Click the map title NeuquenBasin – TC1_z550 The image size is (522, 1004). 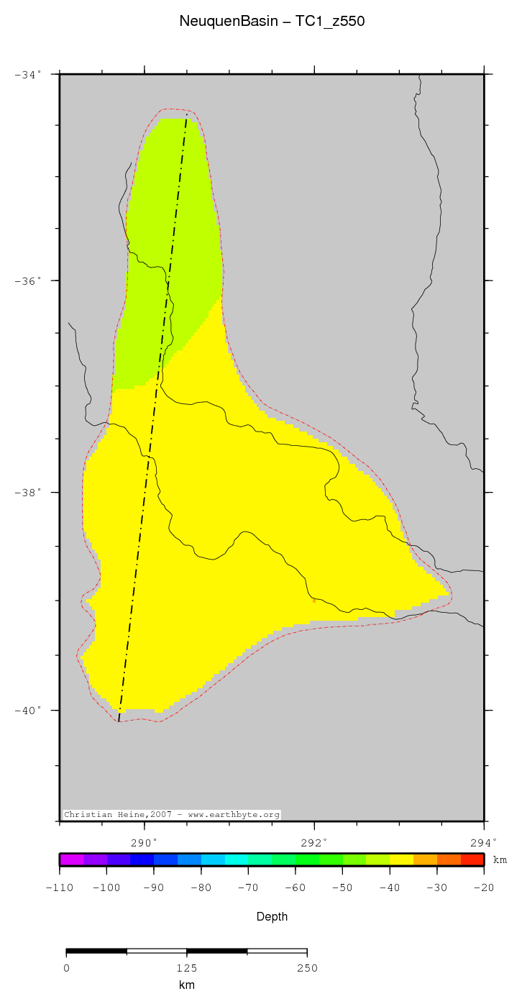pos(272,22)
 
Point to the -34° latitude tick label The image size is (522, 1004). pos(28,74)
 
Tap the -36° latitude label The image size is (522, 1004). pos(28,280)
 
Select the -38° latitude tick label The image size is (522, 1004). pos(28,493)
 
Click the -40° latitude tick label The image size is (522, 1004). pos(28,711)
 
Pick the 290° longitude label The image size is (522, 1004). pos(144,842)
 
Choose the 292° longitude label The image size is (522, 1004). pos(314,842)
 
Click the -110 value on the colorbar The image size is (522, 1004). pos(59,888)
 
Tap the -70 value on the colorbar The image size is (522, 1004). pos(248,888)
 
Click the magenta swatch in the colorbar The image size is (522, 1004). pos(72,859)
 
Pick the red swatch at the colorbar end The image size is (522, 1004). pos(472,859)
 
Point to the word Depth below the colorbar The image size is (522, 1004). pos(272,917)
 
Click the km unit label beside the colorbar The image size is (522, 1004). pos(500,860)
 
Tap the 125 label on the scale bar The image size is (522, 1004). pos(186,968)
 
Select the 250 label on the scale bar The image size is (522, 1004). pos(307,968)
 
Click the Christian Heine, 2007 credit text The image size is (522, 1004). pos(172,815)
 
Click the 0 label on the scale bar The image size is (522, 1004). pos(66,968)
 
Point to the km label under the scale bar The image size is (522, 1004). pos(186,985)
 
